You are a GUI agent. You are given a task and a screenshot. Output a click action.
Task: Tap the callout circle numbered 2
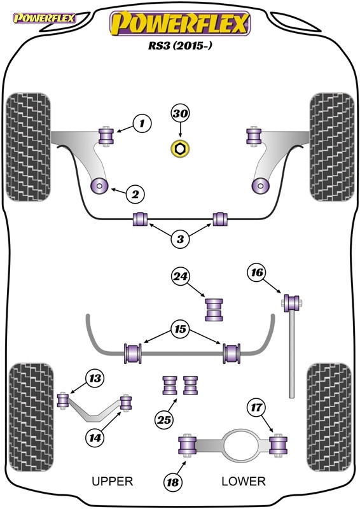pyautogui.click(x=135, y=194)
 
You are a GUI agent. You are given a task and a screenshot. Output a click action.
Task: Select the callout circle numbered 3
pyautogui.click(x=181, y=240)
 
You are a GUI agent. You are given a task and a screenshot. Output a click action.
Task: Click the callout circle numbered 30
pyautogui.click(x=180, y=115)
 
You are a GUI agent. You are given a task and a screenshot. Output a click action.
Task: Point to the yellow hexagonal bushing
pyautogui.click(x=180, y=150)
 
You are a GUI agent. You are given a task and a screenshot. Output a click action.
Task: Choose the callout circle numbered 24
pyautogui.click(x=181, y=276)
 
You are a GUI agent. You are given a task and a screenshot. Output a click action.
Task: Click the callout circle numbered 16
pyautogui.click(x=256, y=274)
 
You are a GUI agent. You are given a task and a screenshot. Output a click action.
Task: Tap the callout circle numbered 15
pyautogui.click(x=181, y=330)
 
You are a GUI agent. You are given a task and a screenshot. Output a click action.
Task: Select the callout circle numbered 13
pyautogui.click(x=95, y=379)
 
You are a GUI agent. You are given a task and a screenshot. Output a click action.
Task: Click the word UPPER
pyautogui.click(x=113, y=482)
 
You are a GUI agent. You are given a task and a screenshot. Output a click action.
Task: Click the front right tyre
pyautogui.click(x=330, y=147)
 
